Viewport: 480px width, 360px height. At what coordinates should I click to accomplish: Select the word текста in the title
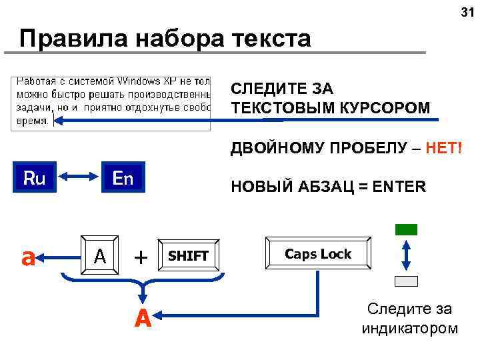(x=271, y=39)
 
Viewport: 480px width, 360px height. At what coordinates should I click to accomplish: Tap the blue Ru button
(x=33, y=178)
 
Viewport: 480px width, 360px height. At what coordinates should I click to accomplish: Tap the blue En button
(x=123, y=178)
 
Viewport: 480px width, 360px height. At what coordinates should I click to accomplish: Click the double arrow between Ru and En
(x=78, y=178)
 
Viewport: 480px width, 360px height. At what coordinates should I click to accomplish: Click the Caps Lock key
(x=317, y=254)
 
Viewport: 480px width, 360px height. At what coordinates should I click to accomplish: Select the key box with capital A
(x=100, y=255)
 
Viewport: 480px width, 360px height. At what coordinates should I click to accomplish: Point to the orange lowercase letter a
(x=27, y=257)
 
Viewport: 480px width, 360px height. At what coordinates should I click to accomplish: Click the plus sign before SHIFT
(x=141, y=256)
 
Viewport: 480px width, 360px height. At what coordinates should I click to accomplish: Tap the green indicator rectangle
(x=406, y=229)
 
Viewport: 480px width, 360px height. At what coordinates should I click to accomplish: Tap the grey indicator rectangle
(x=406, y=281)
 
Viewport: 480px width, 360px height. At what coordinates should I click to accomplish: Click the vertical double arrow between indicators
(x=406, y=255)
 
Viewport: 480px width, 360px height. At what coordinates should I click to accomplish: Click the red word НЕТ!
(x=443, y=147)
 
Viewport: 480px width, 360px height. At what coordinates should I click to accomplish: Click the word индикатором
(x=409, y=328)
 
